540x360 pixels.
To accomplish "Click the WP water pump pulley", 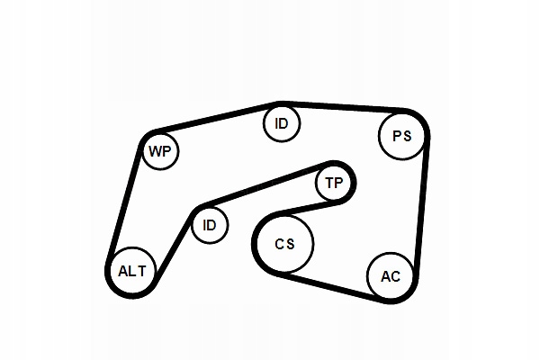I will (160, 151).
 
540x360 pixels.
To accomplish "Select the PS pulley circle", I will (401, 137).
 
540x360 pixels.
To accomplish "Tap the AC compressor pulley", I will (391, 276).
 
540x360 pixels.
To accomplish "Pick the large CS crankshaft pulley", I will (284, 243).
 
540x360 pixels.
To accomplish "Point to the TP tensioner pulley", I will (334, 184).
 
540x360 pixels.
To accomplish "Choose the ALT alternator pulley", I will (131, 269).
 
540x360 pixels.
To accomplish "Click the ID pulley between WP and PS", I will (282, 123).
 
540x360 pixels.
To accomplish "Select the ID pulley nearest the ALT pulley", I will (209, 224).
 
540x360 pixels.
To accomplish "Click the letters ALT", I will (131, 270).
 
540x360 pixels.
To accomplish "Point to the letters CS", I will (284, 243).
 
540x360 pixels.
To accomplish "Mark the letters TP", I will (334, 184).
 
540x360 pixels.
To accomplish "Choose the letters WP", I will (160, 151).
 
